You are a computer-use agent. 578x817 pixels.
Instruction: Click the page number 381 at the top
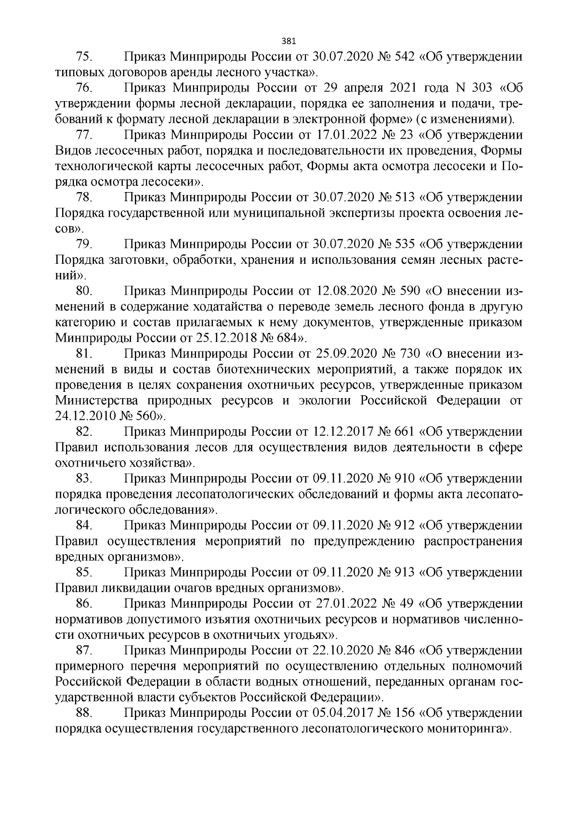[x=289, y=40]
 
